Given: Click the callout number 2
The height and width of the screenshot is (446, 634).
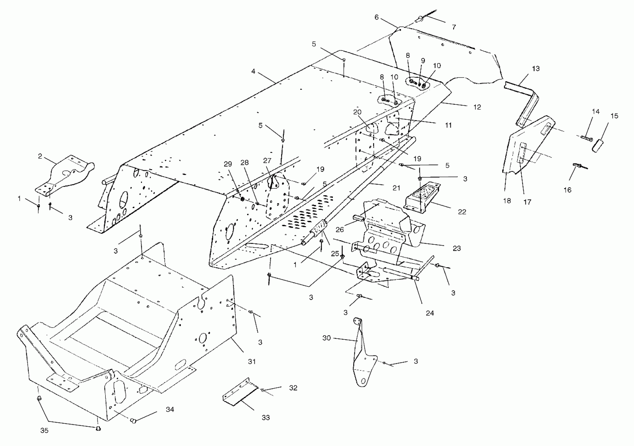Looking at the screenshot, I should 40,156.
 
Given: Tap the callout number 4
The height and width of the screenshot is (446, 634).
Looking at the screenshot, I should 253,71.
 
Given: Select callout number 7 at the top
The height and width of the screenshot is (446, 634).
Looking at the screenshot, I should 454,27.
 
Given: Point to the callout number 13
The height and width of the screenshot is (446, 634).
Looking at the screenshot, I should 536,68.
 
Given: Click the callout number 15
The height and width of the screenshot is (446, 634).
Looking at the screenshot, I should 614,116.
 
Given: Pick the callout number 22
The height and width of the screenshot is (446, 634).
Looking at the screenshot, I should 462,212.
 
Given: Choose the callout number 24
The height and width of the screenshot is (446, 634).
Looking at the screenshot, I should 430,313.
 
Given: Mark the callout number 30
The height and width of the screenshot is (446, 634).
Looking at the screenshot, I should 326,338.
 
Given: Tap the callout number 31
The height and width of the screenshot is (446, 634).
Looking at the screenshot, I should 252,361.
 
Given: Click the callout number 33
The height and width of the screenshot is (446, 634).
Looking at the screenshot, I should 265,418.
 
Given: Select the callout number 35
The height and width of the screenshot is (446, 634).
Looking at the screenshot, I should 44,430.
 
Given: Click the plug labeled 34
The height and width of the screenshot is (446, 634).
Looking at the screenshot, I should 133,421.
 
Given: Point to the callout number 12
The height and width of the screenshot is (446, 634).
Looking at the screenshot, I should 477,107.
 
